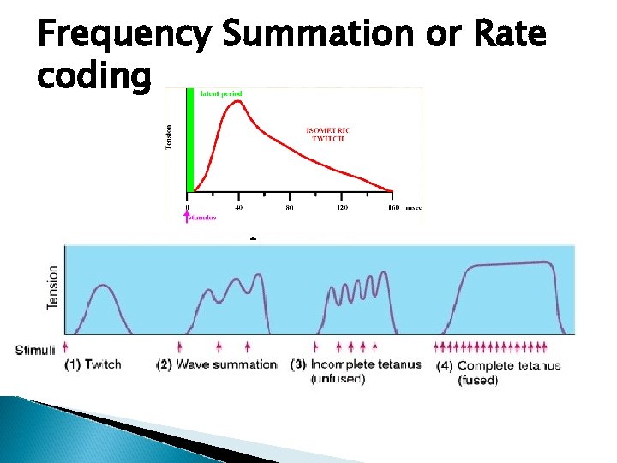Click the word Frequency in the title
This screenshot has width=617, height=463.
[123, 35]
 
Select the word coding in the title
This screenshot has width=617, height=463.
[94, 76]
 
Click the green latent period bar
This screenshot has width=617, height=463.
[189, 141]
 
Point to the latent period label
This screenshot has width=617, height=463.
[220, 93]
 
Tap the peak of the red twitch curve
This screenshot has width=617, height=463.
[243, 101]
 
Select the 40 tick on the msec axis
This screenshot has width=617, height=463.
[238, 207]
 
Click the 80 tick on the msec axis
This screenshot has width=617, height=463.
[290, 207]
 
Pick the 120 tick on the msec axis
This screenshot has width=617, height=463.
[341, 207]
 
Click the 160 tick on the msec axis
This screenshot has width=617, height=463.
[392, 207]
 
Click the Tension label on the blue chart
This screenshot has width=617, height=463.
[53, 287]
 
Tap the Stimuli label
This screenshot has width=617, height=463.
[35, 349]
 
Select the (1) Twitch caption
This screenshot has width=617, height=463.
[93, 364]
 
